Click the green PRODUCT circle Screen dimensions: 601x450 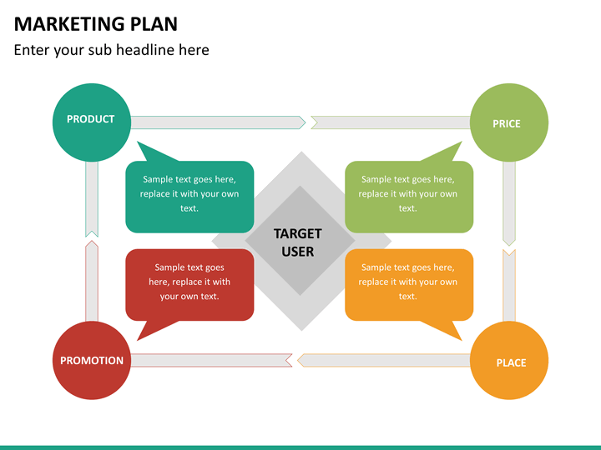(92, 122)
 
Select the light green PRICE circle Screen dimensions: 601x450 (509, 122)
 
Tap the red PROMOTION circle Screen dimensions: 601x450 (92, 361)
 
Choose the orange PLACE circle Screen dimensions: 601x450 (509, 361)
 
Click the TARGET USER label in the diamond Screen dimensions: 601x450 (298, 242)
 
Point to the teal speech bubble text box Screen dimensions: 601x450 (189, 197)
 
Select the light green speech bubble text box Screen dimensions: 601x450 (409, 197)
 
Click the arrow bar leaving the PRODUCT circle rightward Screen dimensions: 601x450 (218, 122)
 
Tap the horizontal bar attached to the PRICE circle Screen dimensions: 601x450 (391, 122)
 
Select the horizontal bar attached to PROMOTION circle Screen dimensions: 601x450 (211, 361)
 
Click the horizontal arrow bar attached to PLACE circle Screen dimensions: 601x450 (384, 361)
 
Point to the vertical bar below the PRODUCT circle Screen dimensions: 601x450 (92, 199)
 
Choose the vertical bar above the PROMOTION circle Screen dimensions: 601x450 (92, 282)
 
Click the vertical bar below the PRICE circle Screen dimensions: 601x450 (509, 203)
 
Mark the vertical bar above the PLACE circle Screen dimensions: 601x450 (509, 286)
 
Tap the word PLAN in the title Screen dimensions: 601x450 (154, 24)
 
